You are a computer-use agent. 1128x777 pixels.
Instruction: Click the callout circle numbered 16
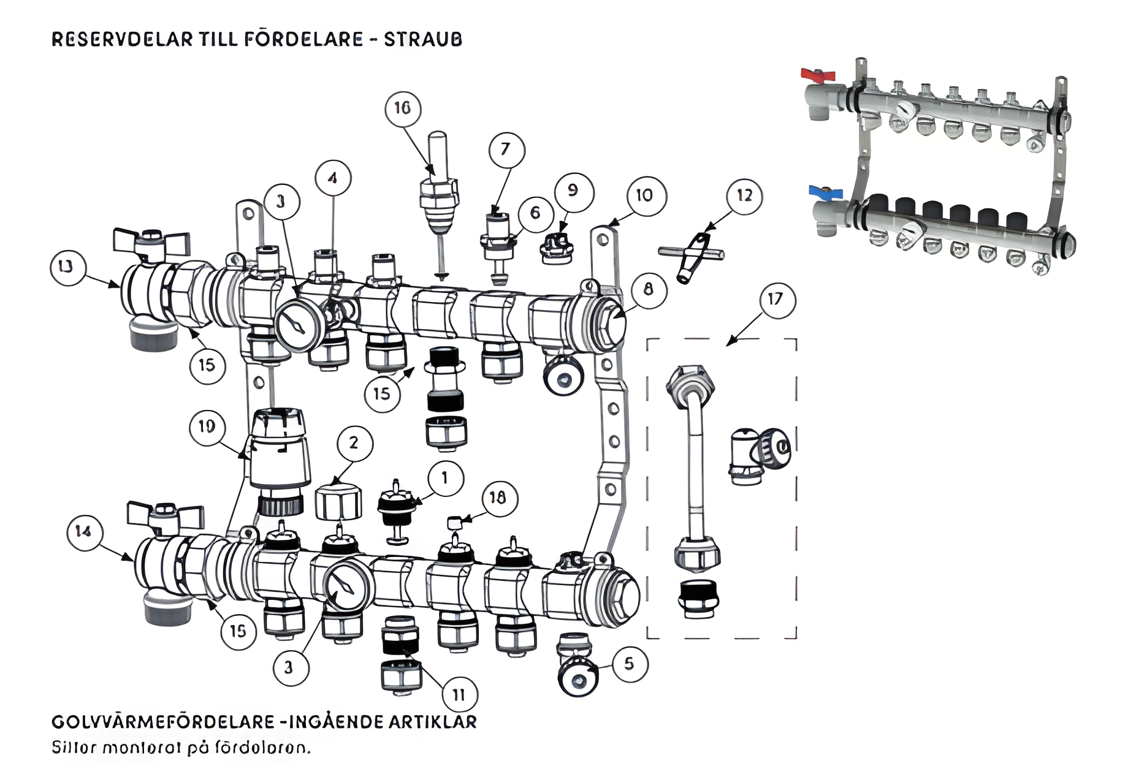[402, 108]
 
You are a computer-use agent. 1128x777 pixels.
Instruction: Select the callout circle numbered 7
[506, 149]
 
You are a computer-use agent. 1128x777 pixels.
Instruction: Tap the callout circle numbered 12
[744, 195]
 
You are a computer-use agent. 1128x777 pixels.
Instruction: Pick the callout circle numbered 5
[629, 664]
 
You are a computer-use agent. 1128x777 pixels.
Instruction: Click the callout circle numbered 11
[459, 694]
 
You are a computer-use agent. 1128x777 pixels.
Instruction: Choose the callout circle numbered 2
[354, 443]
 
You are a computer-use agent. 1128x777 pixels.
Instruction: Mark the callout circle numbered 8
[649, 289]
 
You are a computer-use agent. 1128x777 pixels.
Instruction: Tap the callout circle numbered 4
[332, 178]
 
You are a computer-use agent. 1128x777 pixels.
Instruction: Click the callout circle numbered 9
[573, 191]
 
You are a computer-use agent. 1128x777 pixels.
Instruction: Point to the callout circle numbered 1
[444, 478]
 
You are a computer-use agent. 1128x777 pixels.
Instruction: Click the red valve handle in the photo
[818, 76]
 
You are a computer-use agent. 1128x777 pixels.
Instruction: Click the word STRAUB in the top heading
[423, 39]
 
